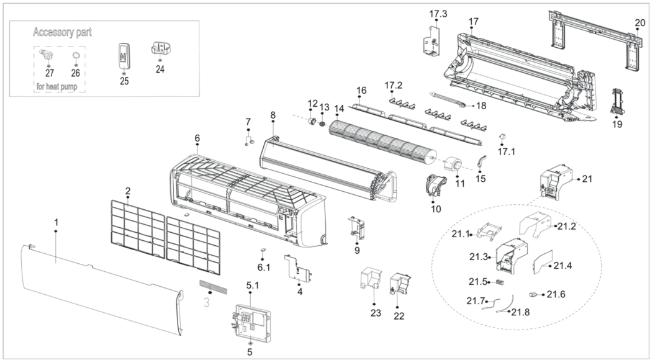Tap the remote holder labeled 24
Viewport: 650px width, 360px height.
161,49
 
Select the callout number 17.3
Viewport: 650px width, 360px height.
438,13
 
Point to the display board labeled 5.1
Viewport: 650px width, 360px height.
252,322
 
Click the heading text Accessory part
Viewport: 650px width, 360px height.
62,32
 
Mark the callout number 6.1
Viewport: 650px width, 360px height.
264,267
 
